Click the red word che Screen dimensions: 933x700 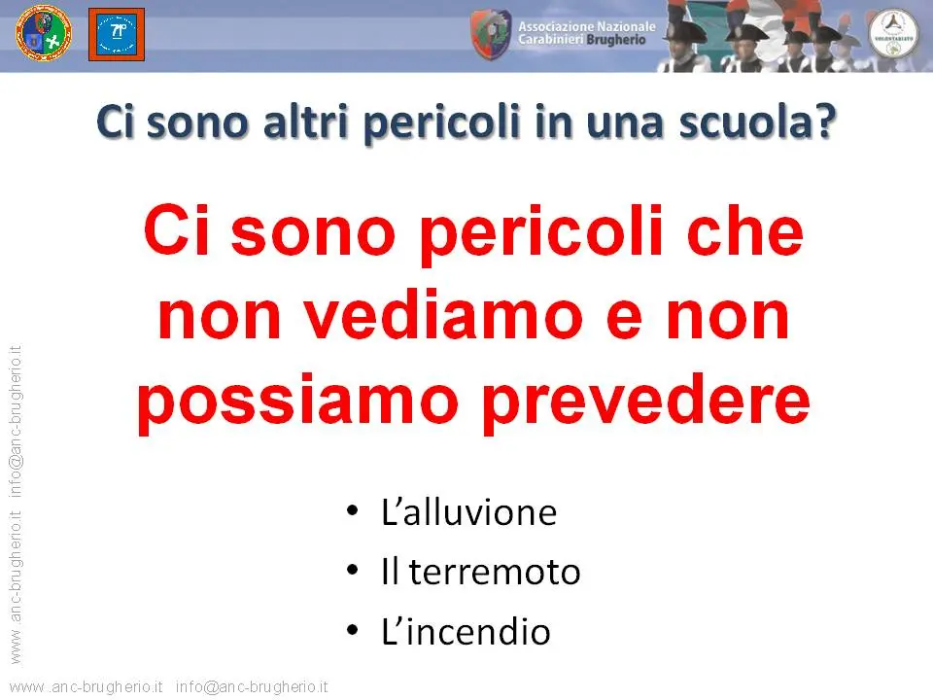coord(745,231)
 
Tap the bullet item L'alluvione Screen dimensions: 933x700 coord(468,512)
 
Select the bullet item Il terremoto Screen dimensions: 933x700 coord(481,572)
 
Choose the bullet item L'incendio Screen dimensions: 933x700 coord(466,631)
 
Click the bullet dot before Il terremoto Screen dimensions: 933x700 coord(352,571)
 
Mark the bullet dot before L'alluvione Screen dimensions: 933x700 coord(352,510)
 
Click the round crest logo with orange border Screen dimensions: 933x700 coord(44,33)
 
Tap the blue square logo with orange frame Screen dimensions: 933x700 coord(117,34)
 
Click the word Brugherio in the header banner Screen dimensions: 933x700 coord(616,40)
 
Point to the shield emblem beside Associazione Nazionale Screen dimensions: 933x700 coord(491,34)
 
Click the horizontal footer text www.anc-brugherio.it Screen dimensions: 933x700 coord(86,687)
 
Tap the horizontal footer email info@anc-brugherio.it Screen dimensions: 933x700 coord(252,687)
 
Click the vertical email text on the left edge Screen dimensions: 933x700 coord(16,421)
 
